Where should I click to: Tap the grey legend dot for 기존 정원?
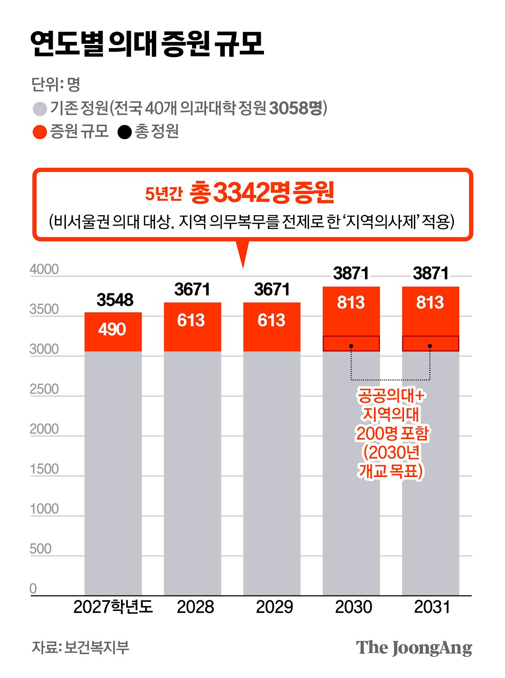pyautogui.click(x=40, y=109)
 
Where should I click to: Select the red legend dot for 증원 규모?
pyautogui.click(x=40, y=132)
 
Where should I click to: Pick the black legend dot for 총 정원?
pyautogui.click(x=125, y=132)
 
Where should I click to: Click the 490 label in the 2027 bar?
pyautogui.click(x=112, y=329)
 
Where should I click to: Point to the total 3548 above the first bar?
pyautogui.click(x=115, y=300)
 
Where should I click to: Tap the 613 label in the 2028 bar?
pyautogui.click(x=191, y=320)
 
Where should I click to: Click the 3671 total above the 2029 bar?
pyautogui.click(x=272, y=289)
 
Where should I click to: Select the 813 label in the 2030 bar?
pyautogui.click(x=351, y=303)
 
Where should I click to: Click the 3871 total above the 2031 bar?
pyautogui.click(x=431, y=273)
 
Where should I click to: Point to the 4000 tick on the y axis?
pyautogui.click(x=44, y=269)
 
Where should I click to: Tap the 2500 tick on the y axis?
pyautogui.click(x=44, y=389)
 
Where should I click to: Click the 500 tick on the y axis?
pyautogui.click(x=40, y=549)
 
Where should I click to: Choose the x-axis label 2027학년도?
pyautogui.click(x=113, y=607)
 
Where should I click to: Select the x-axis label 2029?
pyautogui.click(x=275, y=607)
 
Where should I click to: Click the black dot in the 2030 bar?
pyautogui.click(x=351, y=346)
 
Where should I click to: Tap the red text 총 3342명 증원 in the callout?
pyautogui.click(x=262, y=193)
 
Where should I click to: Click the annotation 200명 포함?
pyautogui.click(x=392, y=433)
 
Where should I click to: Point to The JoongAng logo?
pyautogui.click(x=414, y=648)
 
